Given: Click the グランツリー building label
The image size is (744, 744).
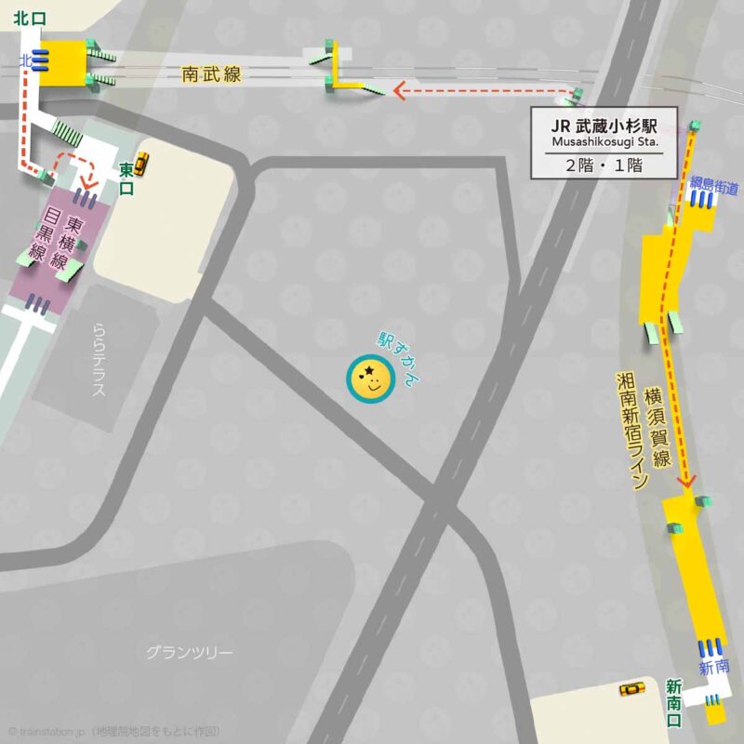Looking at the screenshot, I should [189, 652].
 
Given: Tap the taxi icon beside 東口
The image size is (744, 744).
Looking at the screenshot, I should [141, 164].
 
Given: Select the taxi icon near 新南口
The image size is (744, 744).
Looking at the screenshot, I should [633, 689].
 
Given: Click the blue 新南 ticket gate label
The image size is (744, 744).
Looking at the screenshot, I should [713, 668].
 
